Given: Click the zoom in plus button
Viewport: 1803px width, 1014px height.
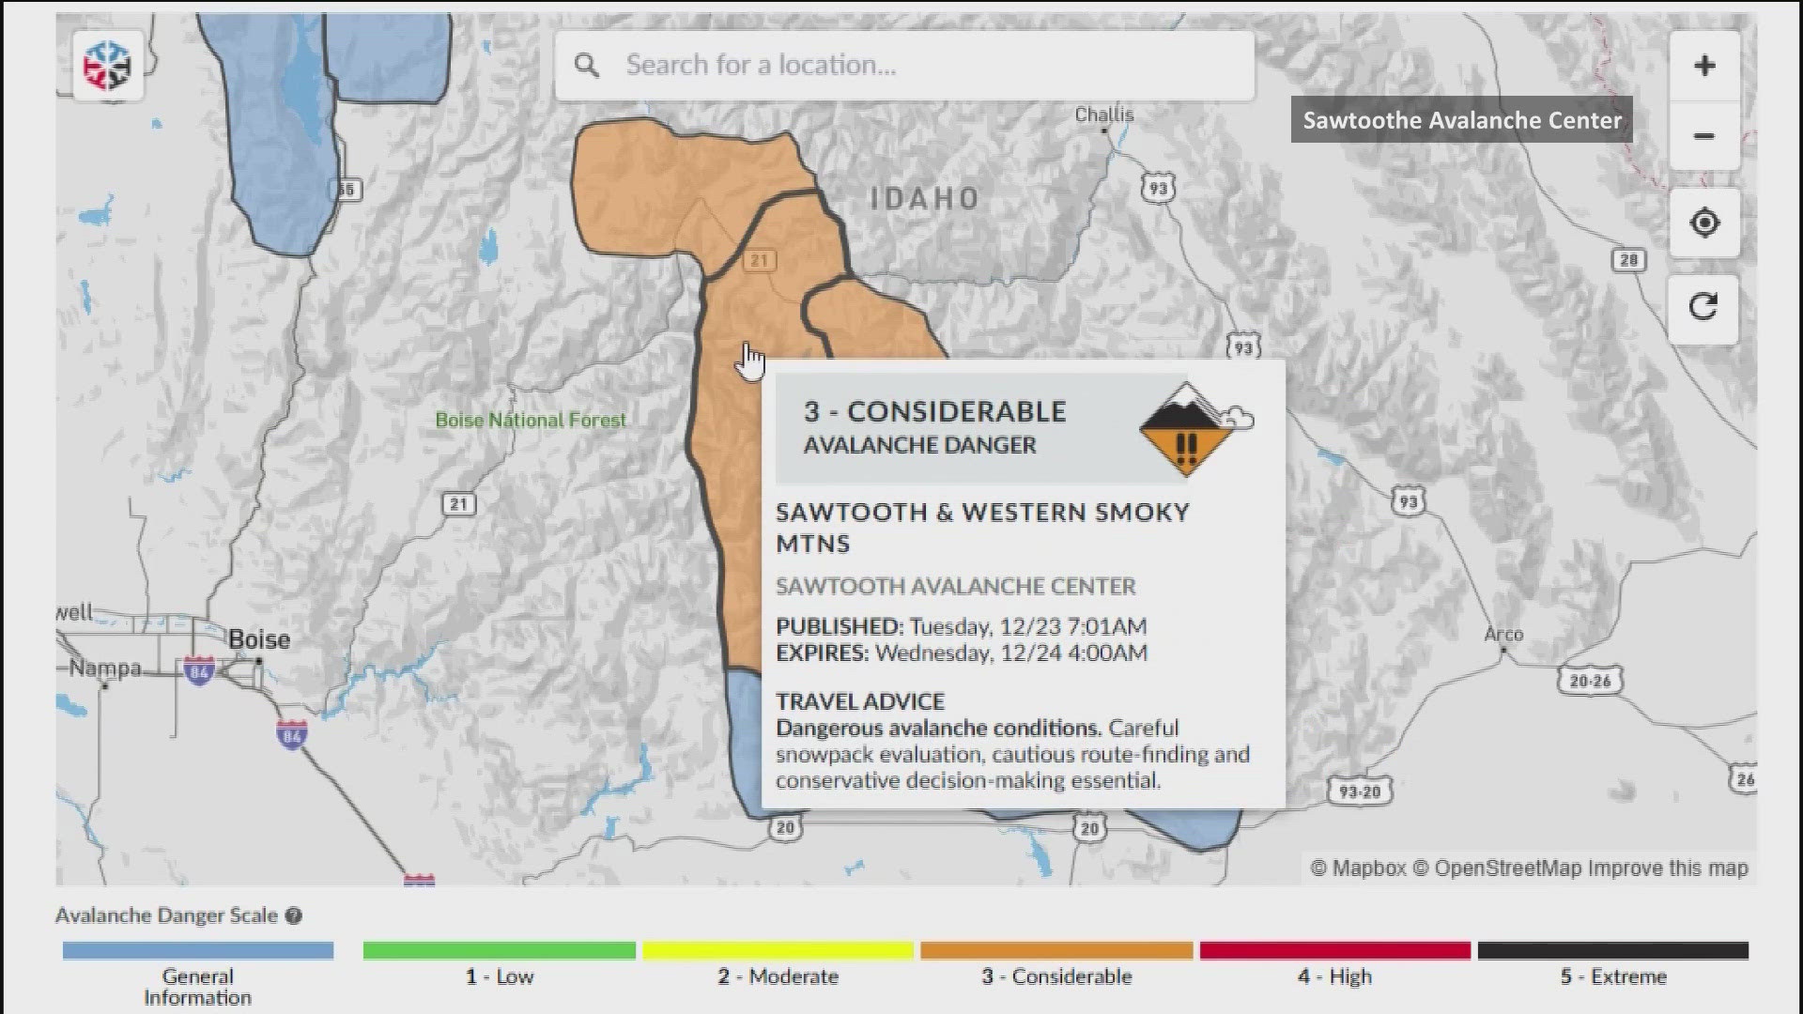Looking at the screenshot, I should pos(1704,65).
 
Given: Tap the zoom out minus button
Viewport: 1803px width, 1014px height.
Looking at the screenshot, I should pos(1704,137).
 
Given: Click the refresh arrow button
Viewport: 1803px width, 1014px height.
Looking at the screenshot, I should pos(1703,307).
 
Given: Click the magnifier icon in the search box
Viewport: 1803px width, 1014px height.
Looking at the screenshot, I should pos(587,66).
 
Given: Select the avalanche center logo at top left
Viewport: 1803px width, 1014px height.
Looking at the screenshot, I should pos(107,66).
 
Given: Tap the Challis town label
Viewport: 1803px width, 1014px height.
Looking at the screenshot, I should pos(1104,115).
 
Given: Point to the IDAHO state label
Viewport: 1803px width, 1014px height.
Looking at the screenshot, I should pos(925,199).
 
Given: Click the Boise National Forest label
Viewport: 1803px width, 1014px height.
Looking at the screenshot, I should pos(531,421).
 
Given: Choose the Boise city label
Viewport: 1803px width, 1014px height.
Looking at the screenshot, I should pos(259,639).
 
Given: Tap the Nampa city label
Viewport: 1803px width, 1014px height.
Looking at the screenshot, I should pos(105,668).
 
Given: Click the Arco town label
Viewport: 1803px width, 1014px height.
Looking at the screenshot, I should pos(1503,635).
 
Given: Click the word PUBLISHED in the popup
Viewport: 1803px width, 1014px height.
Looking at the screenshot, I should pos(838,626).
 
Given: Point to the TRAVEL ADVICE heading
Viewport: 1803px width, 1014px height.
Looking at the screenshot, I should pos(860,701).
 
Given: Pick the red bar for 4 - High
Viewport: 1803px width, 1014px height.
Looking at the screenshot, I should pos(1334,951).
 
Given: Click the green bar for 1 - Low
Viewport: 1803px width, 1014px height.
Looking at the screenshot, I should pos(499,951).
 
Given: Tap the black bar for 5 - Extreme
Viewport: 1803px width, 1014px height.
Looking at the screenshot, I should pos(1612,951).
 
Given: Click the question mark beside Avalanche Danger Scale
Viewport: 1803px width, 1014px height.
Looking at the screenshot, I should pos(294,916).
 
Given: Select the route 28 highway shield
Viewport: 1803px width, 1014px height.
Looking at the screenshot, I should pos(1629,260).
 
